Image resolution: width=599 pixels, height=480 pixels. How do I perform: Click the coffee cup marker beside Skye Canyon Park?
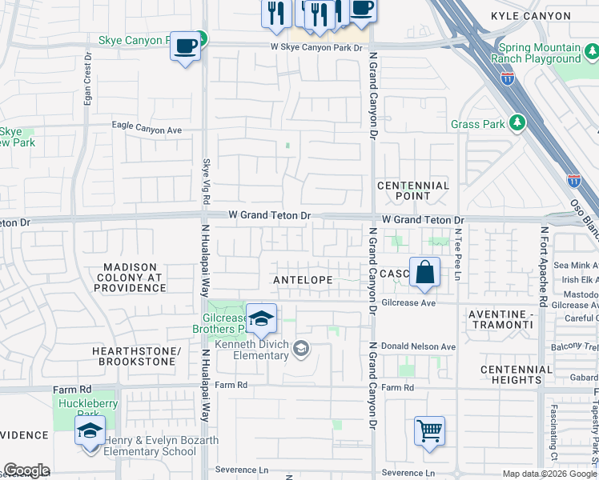click(x=185, y=46)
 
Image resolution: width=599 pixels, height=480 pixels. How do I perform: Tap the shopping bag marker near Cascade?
click(x=425, y=273)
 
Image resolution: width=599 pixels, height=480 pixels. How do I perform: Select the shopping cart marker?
click(x=430, y=431)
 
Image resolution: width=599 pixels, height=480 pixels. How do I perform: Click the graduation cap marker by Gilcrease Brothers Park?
click(x=261, y=319)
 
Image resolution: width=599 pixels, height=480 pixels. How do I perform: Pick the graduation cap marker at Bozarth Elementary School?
click(x=90, y=432)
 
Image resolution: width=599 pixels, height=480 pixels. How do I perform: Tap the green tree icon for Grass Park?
click(x=518, y=122)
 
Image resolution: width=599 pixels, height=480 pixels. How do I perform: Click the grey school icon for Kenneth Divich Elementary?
click(x=300, y=348)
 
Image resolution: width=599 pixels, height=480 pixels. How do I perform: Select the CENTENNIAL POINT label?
click(x=413, y=190)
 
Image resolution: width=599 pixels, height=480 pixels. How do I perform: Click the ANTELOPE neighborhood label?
click(x=303, y=280)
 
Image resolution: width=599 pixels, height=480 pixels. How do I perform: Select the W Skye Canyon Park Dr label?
click(x=316, y=49)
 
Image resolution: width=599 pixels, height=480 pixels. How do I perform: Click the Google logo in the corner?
click(x=26, y=470)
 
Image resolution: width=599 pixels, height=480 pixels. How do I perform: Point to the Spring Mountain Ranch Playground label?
click(x=550, y=53)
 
